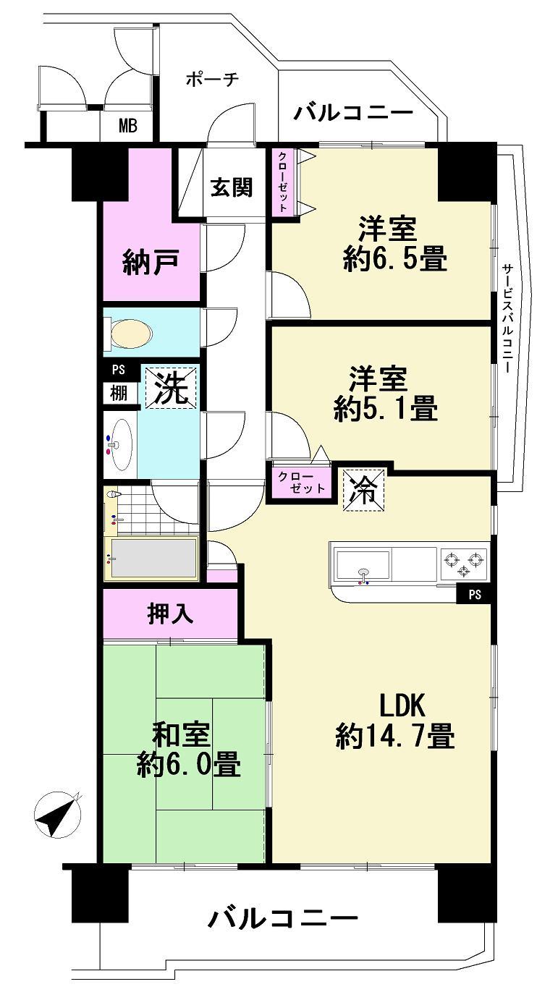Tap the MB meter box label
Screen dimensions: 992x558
click(127, 127)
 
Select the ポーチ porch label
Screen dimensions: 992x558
click(211, 79)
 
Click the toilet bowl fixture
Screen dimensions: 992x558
click(131, 334)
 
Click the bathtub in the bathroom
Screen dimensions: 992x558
click(152, 558)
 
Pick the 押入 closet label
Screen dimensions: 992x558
click(170, 614)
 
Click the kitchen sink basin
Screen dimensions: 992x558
click(362, 562)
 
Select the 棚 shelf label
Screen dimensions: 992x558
click(119, 393)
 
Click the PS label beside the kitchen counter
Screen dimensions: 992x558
click(475, 595)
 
